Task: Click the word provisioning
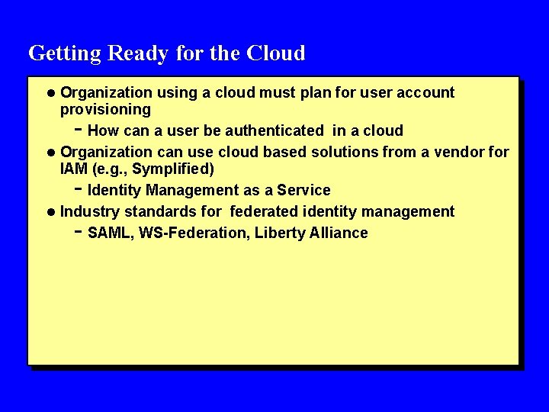[x=105, y=110]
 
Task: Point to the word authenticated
[x=275, y=130]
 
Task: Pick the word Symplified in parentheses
[x=173, y=169]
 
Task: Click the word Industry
[x=90, y=211]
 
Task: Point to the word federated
[x=264, y=211]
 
